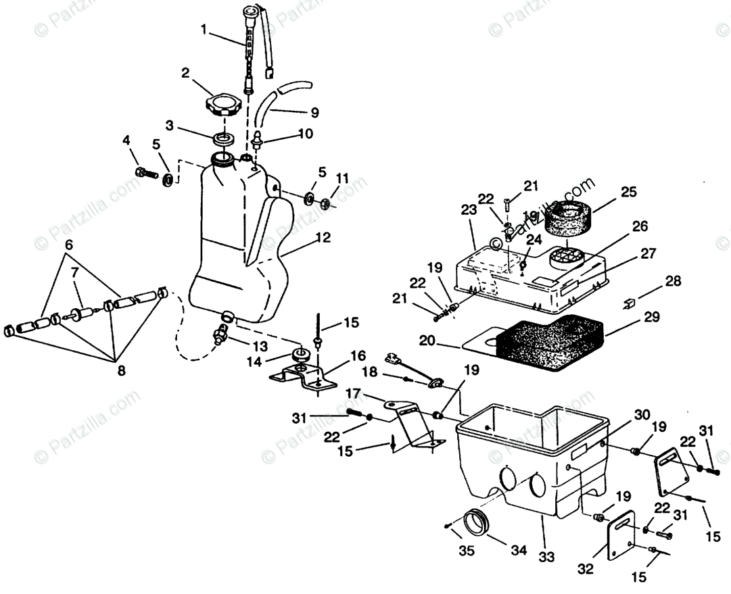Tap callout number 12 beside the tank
click(x=323, y=237)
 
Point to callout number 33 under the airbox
click(x=546, y=557)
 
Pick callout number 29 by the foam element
click(x=633, y=316)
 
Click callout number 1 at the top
click(x=204, y=30)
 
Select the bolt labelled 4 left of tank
click(x=147, y=173)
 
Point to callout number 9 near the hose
click(x=314, y=113)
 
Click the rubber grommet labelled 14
click(x=298, y=355)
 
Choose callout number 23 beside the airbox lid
click(x=470, y=210)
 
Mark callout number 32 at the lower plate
click(x=586, y=569)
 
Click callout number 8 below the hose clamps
click(x=121, y=370)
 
